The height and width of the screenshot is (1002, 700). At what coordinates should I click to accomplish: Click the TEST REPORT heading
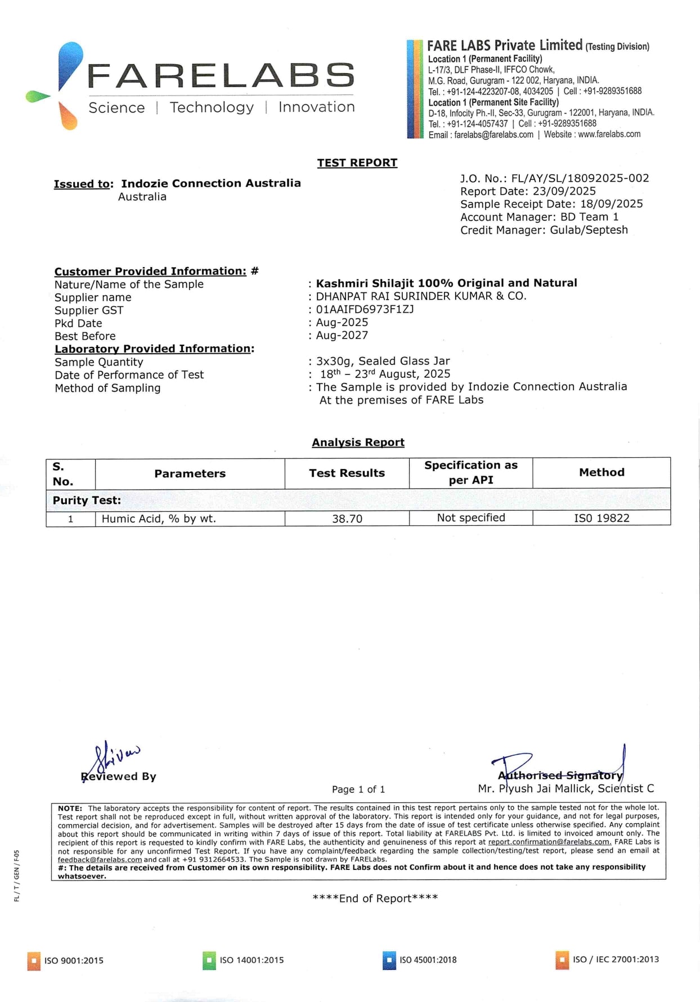point(357,163)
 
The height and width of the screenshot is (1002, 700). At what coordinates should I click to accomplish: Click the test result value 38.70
point(347,518)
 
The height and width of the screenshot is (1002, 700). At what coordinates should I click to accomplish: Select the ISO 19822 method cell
point(601,518)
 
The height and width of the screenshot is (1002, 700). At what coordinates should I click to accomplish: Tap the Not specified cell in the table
point(470,518)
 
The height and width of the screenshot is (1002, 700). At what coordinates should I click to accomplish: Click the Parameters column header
point(190,473)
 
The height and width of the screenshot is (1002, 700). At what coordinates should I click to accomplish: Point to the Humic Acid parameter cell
point(159,518)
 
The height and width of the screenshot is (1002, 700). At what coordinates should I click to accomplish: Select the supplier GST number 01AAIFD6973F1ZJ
point(365,309)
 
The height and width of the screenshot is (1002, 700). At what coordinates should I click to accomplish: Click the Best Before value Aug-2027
point(342,335)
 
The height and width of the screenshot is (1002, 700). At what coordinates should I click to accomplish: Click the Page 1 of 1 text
point(358,789)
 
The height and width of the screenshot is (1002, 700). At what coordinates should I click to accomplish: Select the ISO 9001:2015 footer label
point(74,960)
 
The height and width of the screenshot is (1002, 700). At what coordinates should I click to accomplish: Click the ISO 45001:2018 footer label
point(428,960)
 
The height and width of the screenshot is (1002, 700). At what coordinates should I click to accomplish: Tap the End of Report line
point(375,898)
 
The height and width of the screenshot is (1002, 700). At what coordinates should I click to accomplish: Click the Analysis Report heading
point(358,443)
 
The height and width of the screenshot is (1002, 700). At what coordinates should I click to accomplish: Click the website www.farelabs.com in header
point(609,134)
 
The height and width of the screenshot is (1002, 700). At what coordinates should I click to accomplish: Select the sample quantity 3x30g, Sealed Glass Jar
point(383,361)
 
